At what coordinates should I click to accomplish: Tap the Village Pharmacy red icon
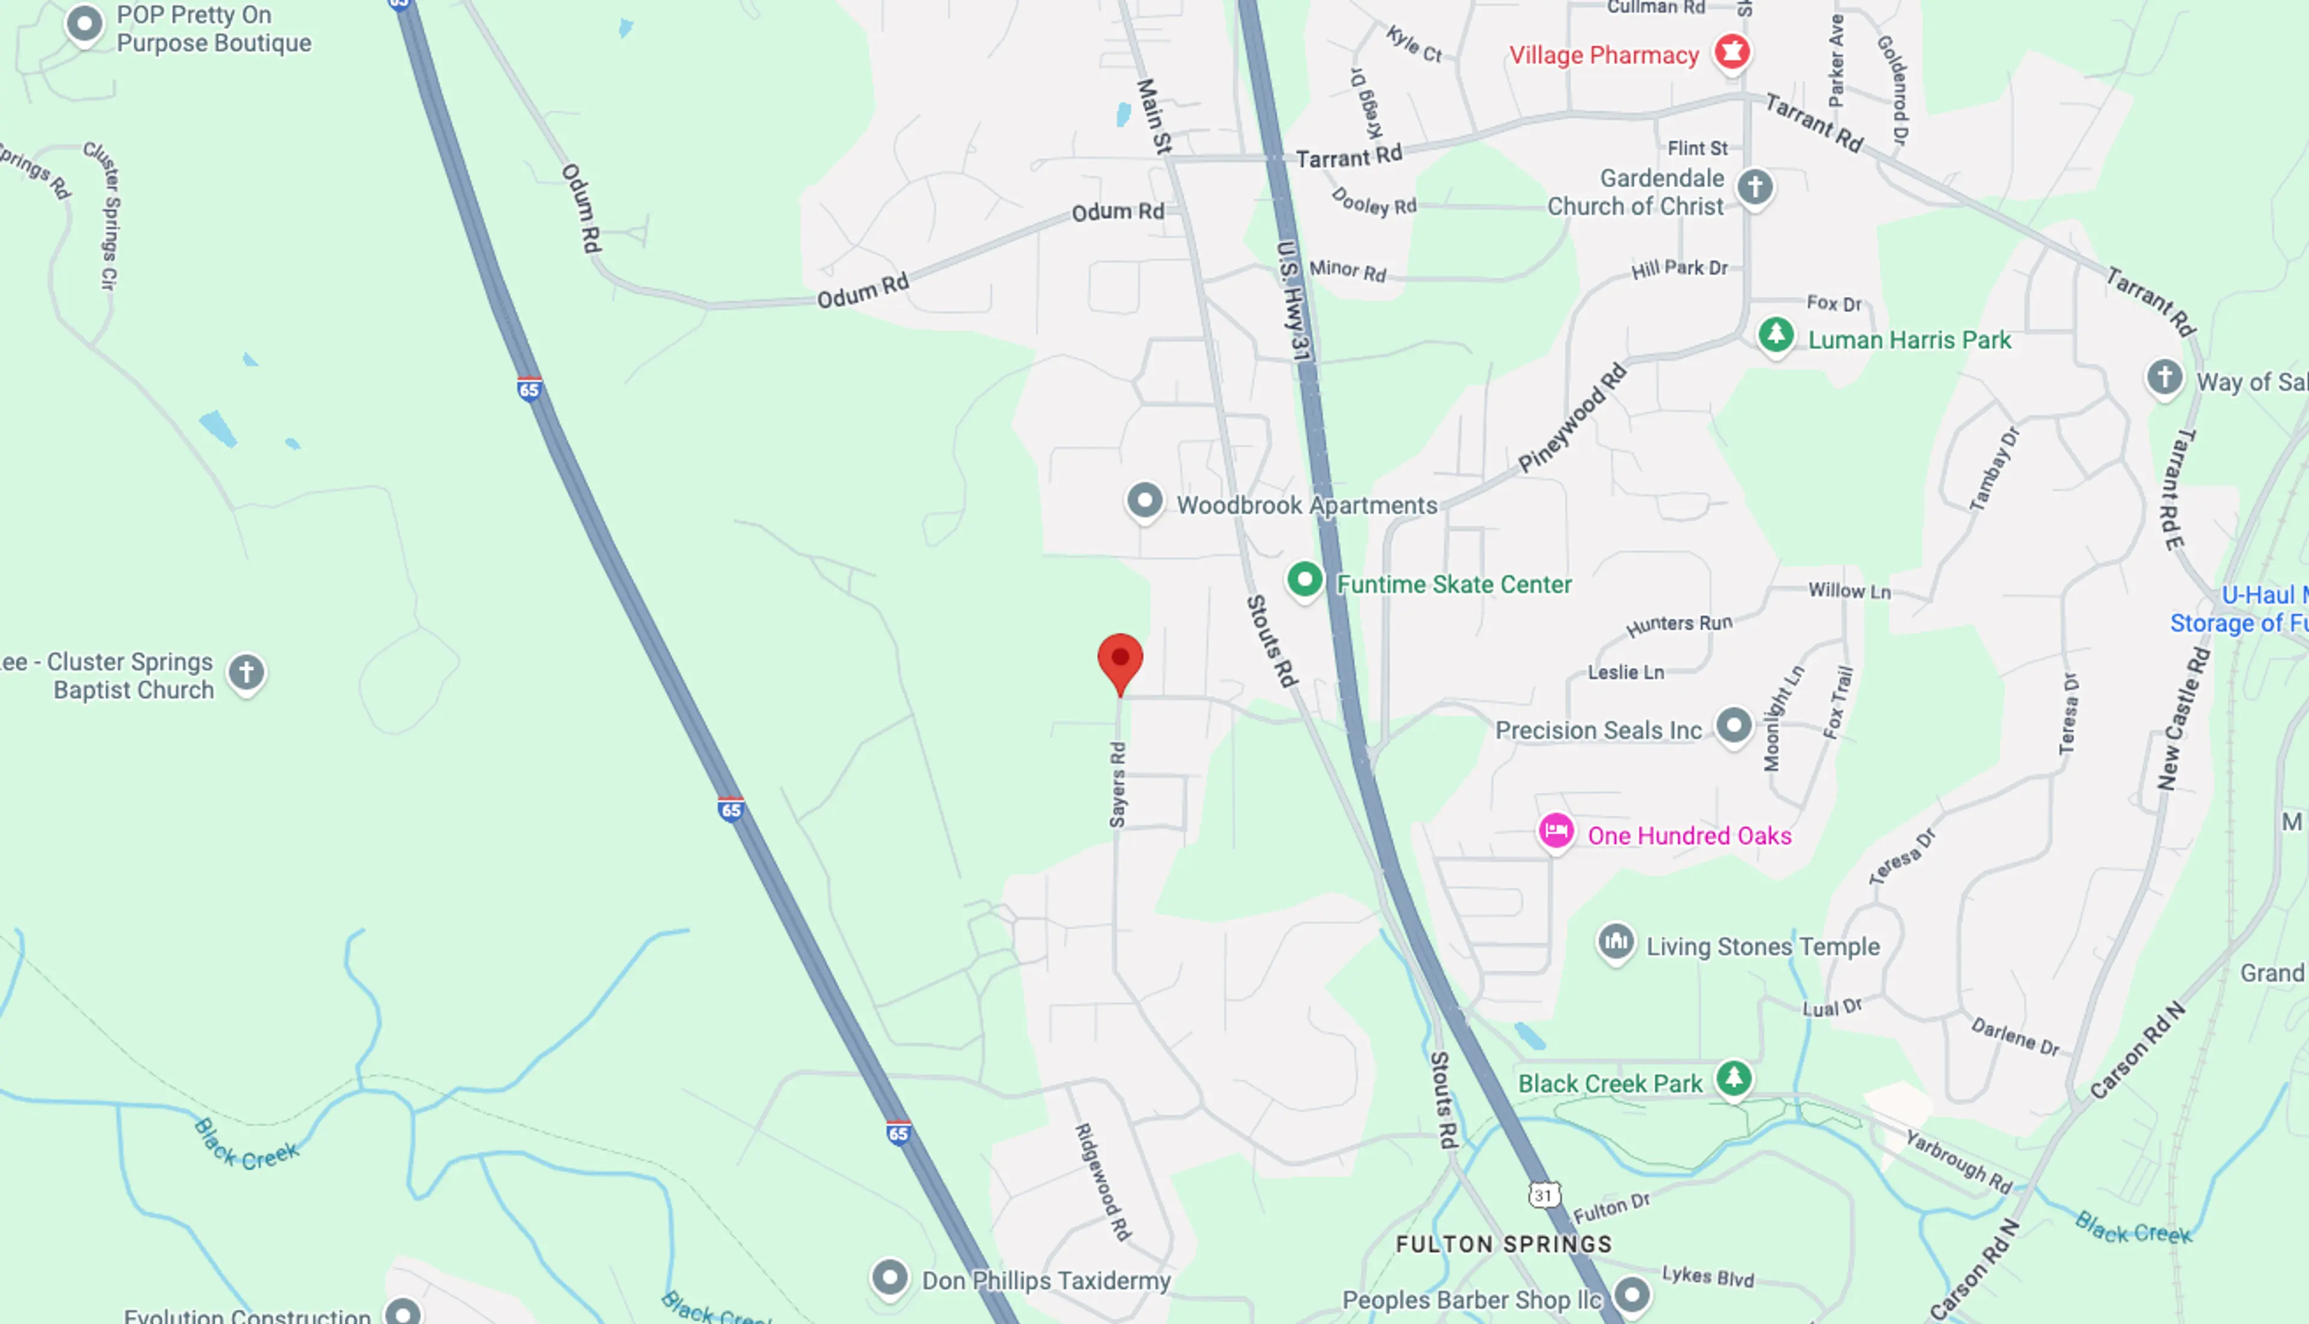click(1732, 51)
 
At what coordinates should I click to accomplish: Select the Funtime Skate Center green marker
click(1304, 579)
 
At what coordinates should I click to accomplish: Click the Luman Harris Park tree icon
click(1775, 335)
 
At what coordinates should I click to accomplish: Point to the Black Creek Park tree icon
click(1734, 1077)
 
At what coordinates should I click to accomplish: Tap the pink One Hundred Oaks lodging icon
click(1556, 831)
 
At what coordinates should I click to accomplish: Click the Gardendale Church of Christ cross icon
click(1754, 188)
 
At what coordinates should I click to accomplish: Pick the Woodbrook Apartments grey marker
click(1144, 500)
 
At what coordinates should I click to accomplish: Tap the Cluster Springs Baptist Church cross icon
click(245, 673)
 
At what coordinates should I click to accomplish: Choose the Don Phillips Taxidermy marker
click(889, 1278)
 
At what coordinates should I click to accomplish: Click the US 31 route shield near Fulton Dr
click(1544, 1195)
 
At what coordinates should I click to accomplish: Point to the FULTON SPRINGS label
click(1503, 1244)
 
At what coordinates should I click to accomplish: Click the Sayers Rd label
click(1118, 785)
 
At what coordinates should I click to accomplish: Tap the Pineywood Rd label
click(1571, 418)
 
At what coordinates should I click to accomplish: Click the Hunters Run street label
click(1679, 624)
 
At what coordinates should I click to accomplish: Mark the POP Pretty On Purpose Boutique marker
click(85, 23)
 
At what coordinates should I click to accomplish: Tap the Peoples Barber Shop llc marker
click(1631, 1294)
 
